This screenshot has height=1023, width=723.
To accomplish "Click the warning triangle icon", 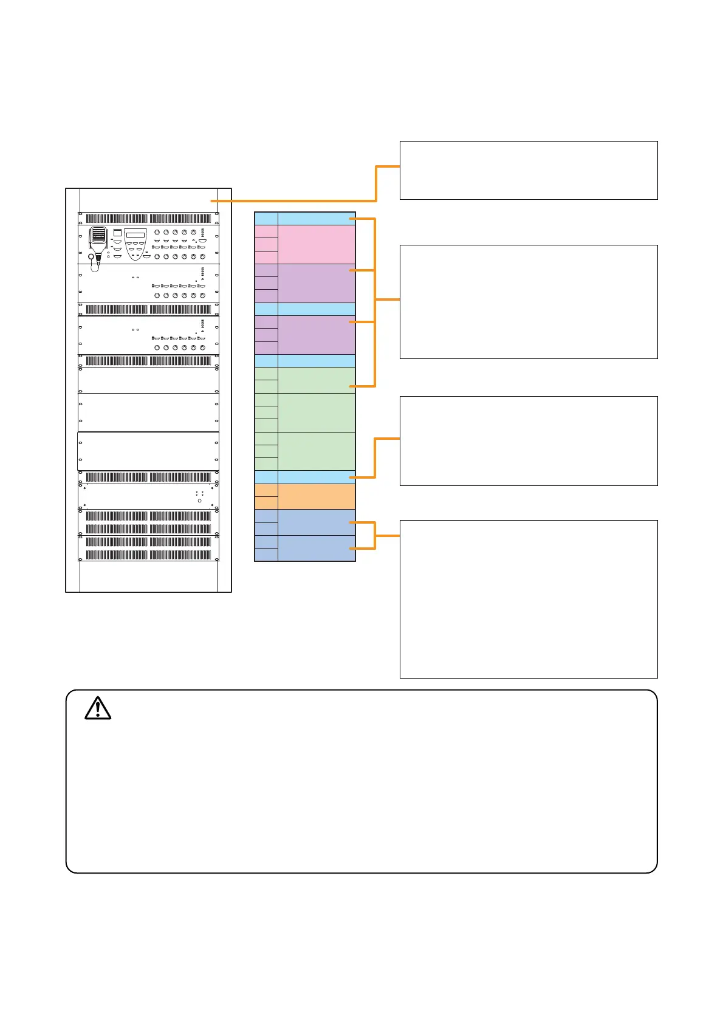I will [98, 709].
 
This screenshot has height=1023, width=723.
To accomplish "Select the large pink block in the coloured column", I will [317, 244].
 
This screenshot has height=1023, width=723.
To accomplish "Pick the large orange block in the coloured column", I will [317, 496].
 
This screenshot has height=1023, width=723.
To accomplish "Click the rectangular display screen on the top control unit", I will [135, 235].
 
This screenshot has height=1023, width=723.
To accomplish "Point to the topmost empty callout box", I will [529, 170].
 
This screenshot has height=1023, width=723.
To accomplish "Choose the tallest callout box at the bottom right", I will [529, 598].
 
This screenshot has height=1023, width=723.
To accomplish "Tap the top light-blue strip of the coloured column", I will [317, 219].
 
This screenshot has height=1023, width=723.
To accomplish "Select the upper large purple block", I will [317, 283].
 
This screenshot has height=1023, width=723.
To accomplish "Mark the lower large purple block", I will [317, 335].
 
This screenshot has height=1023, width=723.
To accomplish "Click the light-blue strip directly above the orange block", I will [317, 477].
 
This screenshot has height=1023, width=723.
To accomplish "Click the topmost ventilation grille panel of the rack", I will [148, 219].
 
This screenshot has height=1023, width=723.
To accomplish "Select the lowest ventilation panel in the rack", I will [148, 555].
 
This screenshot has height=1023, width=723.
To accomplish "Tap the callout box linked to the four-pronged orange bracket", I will [529, 301].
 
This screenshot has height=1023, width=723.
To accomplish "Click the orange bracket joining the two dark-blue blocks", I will [375, 535].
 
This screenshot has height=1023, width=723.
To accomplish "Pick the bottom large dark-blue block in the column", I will [317, 548].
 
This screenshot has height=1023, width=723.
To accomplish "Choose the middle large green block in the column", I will [317, 412].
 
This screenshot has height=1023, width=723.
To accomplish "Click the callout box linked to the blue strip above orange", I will [529, 440].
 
